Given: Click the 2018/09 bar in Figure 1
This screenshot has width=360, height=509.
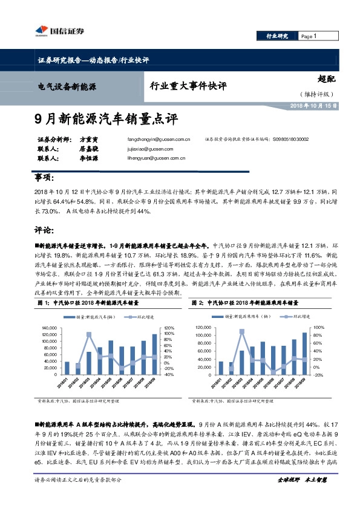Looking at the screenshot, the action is pos(154,354).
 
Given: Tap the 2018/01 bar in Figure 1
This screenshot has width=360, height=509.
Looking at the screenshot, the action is pos(67,368).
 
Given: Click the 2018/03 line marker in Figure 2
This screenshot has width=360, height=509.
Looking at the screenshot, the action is pos(242,331).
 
